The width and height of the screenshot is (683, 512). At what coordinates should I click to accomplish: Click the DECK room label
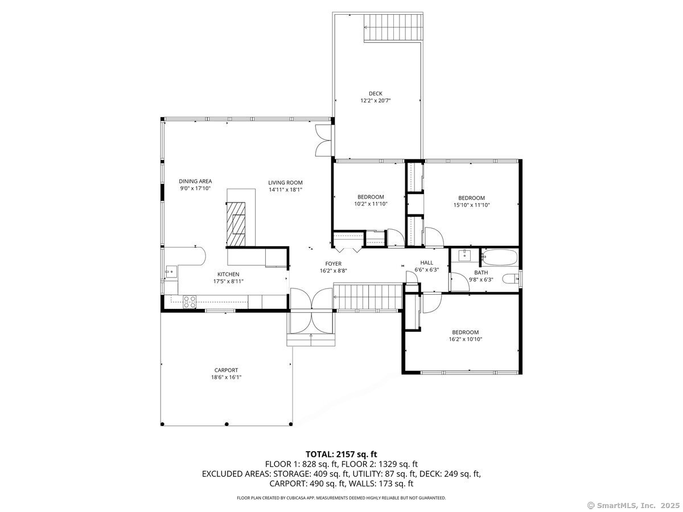pyautogui.click(x=375, y=93)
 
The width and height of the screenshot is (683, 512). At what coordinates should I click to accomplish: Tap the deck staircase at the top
pyautogui.click(x=393, y=27)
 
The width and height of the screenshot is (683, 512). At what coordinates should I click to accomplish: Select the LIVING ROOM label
pyautogui.click(x=285, y=183)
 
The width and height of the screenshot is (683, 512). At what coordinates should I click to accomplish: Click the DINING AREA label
pyautogui.click(x=195, y=181)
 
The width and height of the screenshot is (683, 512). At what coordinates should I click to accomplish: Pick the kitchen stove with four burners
pyautogui.click(x=190, y=302)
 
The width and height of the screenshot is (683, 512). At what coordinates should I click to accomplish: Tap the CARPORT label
pyautogui.click(x=226, y=370)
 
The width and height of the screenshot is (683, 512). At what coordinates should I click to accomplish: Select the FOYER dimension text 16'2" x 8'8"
pyautogui.click(x=333, y=271)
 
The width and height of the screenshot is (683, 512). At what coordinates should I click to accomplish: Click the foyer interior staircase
pyautogui.click(x=367, y=298)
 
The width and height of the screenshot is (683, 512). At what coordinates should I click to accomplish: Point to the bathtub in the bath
pyautogui.click(x=499, y=258)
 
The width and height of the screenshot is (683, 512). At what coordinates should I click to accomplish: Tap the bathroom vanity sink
pyautogui.click(x=465, y=255)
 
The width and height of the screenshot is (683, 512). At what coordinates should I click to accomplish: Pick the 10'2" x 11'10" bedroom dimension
pyautogui.click(x=371, y=204)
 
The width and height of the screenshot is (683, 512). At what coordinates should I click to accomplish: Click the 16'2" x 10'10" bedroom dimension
pyautogui.click(x=465, y=339)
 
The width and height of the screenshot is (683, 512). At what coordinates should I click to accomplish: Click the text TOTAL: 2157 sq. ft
pyautogui.click(x=341, y=454)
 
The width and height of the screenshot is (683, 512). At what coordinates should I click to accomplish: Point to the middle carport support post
pyautogui.click(x=227, y=424)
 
